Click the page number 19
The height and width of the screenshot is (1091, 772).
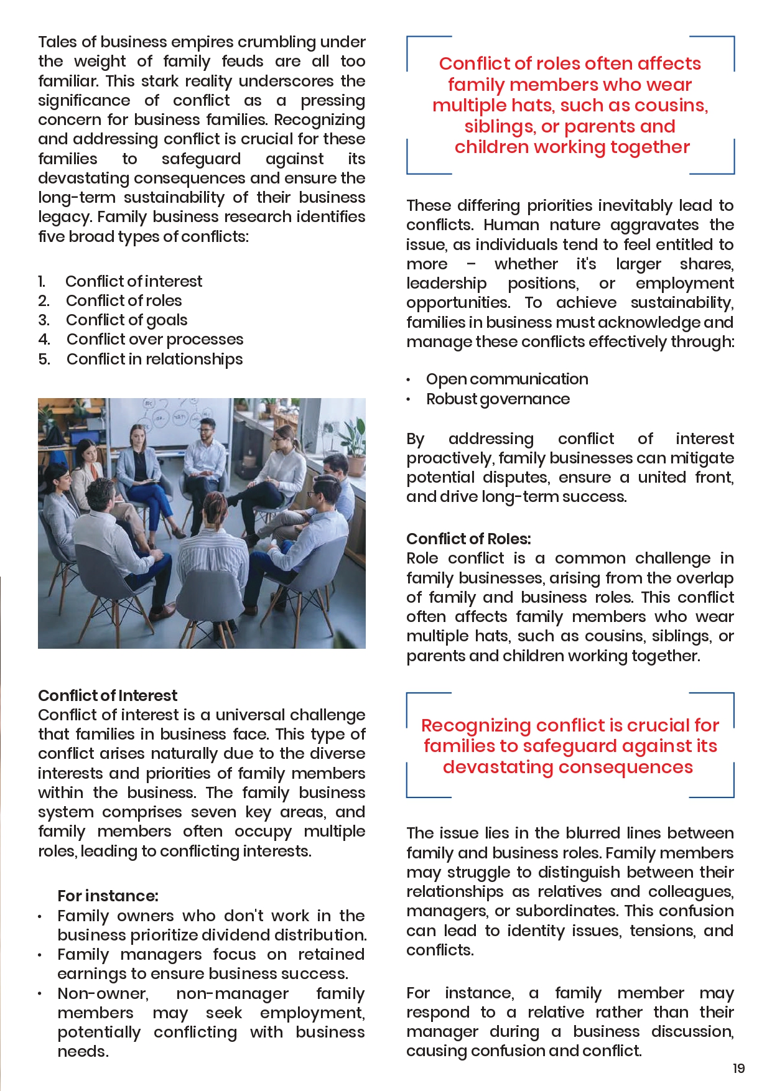(x=738, y=1068)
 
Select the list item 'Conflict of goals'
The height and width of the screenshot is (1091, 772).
(x=126, y=320)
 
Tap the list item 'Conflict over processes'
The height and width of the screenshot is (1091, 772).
(x=155, y=339)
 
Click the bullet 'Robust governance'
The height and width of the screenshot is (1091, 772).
(x=498, y=399)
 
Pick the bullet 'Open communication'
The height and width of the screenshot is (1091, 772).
(x=507, y=379)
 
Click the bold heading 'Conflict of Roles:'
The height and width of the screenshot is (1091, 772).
(x=468, y=539)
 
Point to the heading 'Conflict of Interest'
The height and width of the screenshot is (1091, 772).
(x=108, y=695)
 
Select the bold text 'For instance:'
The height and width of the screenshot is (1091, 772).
(x=108, y=896)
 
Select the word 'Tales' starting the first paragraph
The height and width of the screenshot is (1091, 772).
(x=57, y=42)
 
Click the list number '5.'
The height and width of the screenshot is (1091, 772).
(x=44, y=359)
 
